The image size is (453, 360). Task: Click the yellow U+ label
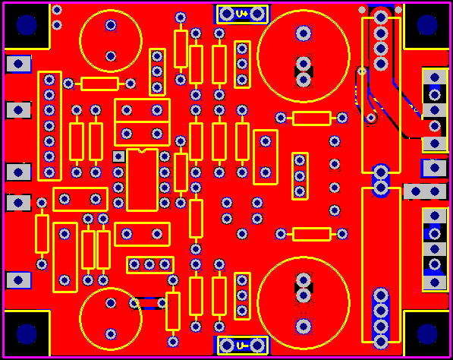pyautogui.click(x=242, y=14)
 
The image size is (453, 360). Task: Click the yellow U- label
pyautogui.click(x=242, y=346)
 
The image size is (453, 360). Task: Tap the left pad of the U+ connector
pyautogui.click(x=227, y=14)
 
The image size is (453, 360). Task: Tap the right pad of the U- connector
pyautogui.click(x=257, y=346)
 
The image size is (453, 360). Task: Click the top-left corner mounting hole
pyautogui.click(x=27, y=25)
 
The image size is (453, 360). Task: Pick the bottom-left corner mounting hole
pyautogui.click(x=27, y=334)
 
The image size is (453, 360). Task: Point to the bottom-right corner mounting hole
pyautogui.click(x=427, y=334)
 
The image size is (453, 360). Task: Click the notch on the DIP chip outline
pyautogui.click(x=142, y=150)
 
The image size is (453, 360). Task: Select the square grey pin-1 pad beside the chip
pyautogui.click(x=118, y=156)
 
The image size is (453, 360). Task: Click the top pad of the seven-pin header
pyautogui.click(x=49, y=80)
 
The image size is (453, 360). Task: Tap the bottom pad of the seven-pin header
pyautogui.click(x=49, y=172)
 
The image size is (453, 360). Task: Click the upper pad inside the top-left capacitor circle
pyautogui.click(x=111, y=25)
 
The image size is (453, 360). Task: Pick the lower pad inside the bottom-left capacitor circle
pyautogui.click(x=111, y=334)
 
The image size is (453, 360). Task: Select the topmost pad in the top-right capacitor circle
pyautogui.click(x=304, y=33)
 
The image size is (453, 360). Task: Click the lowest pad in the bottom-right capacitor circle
pyautogui.click(x=304, y=326)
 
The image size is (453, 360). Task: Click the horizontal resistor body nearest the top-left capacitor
pyautogui.click(x=99, y=84)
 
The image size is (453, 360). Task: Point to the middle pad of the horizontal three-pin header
pyautogui.click(x=149, y=264)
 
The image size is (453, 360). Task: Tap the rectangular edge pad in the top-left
pyautogui.click(x=18, y=64)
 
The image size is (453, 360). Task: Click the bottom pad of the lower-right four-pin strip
pyautogui.click(x=381, y=342)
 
